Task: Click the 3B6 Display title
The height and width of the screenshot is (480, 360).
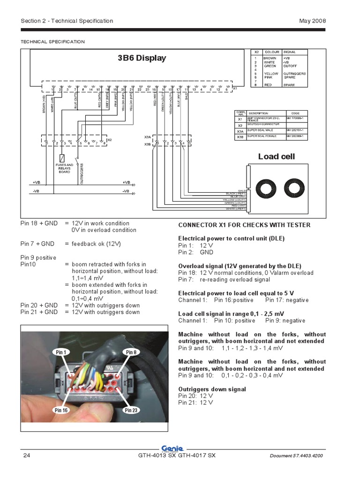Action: coord(142,58)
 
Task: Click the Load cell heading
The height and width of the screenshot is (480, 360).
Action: coord(276,156)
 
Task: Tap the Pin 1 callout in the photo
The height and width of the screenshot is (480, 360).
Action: coord(61,352)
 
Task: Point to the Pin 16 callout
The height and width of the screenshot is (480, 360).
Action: coord(61,410)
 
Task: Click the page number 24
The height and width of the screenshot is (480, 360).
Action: coord(26,456)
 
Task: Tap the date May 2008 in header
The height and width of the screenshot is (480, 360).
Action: coord(312,21)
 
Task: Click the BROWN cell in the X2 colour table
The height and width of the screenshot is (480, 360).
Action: coord(270,58)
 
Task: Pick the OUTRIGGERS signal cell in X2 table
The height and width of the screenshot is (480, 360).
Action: coord(294,74)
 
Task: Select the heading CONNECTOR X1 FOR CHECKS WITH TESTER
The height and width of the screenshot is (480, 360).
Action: coord(244,225)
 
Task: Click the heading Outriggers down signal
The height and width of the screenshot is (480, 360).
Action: coord(212,389)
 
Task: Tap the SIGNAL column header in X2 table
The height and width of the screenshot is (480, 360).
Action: coord(289,52)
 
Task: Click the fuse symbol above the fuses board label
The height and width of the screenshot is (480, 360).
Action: coord(62,157)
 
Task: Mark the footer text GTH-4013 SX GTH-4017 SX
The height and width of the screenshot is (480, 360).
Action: coord(176,456)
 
